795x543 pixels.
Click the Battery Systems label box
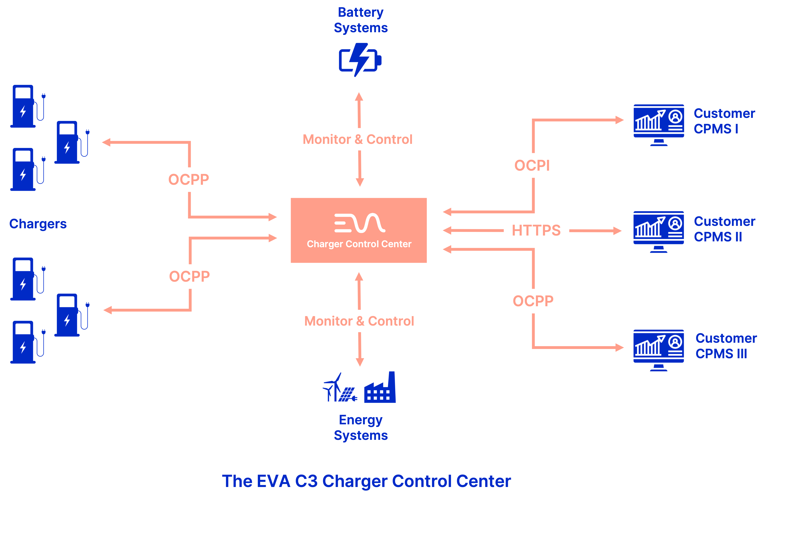tap(361, 20)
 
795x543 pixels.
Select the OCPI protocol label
tap(532, 166)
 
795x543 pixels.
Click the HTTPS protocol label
tap(536, 230)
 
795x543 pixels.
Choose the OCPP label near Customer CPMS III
tap(533, 301)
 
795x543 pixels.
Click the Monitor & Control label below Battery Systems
tap(357, 139)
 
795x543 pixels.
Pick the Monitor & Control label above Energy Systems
tap(359, 321)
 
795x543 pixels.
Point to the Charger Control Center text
tap(359, 244)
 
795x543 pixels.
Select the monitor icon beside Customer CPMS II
tap(659, 232)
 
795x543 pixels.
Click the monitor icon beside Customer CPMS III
tap(659, 350)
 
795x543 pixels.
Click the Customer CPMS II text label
tap(724, 229)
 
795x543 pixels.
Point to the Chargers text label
tap(38, 224)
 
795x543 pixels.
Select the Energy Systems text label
tap(361, 427)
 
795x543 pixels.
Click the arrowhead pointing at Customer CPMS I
tap(619, 120)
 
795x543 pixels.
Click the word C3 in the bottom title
tap(306, 481)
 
